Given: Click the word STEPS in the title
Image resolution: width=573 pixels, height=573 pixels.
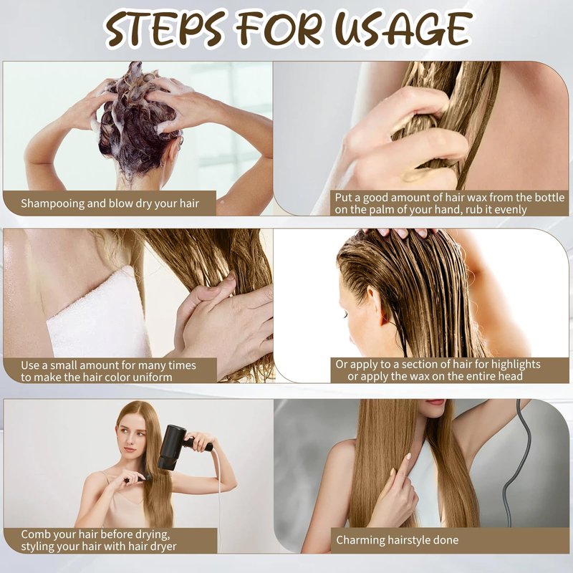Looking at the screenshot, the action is pos(165,29).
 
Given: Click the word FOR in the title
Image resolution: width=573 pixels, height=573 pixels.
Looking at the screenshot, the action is pos(279,29).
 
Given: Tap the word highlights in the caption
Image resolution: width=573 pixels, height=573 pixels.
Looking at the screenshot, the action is pos(515,365).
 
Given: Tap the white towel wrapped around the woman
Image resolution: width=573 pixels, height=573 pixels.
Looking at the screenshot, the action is pos(99,314).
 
